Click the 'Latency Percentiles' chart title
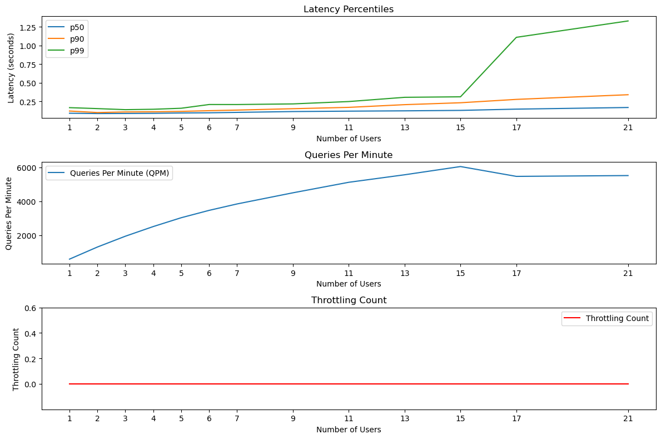(349, 9)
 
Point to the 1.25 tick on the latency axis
(27, 27)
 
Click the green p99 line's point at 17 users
(516, 37)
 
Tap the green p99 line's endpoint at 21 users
(628, 21)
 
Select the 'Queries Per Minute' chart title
(349, 155)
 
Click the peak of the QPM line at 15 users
(460, 166)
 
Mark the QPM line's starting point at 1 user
(69, 259)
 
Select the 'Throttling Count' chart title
(349, 300)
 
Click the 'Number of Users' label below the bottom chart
(349, 430)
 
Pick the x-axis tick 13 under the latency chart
(405, 127)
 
